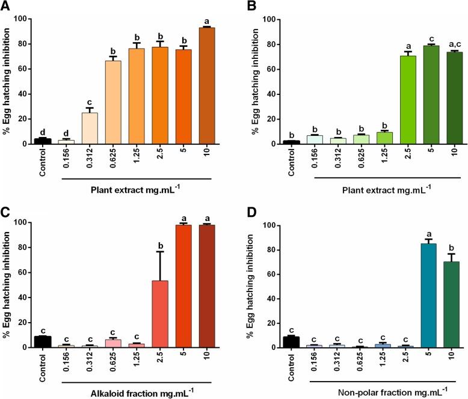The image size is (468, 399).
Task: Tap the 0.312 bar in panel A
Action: point(90,128)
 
